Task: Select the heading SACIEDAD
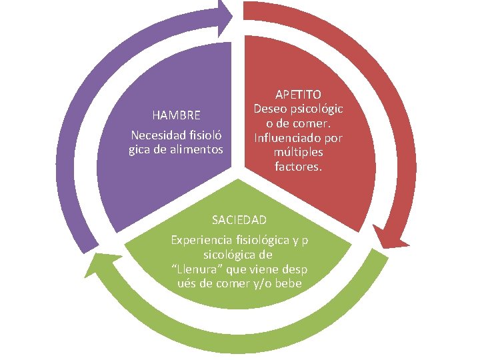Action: tap(239, 219)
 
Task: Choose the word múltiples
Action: tap(298, 153)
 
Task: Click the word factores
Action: tap(298, 167)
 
